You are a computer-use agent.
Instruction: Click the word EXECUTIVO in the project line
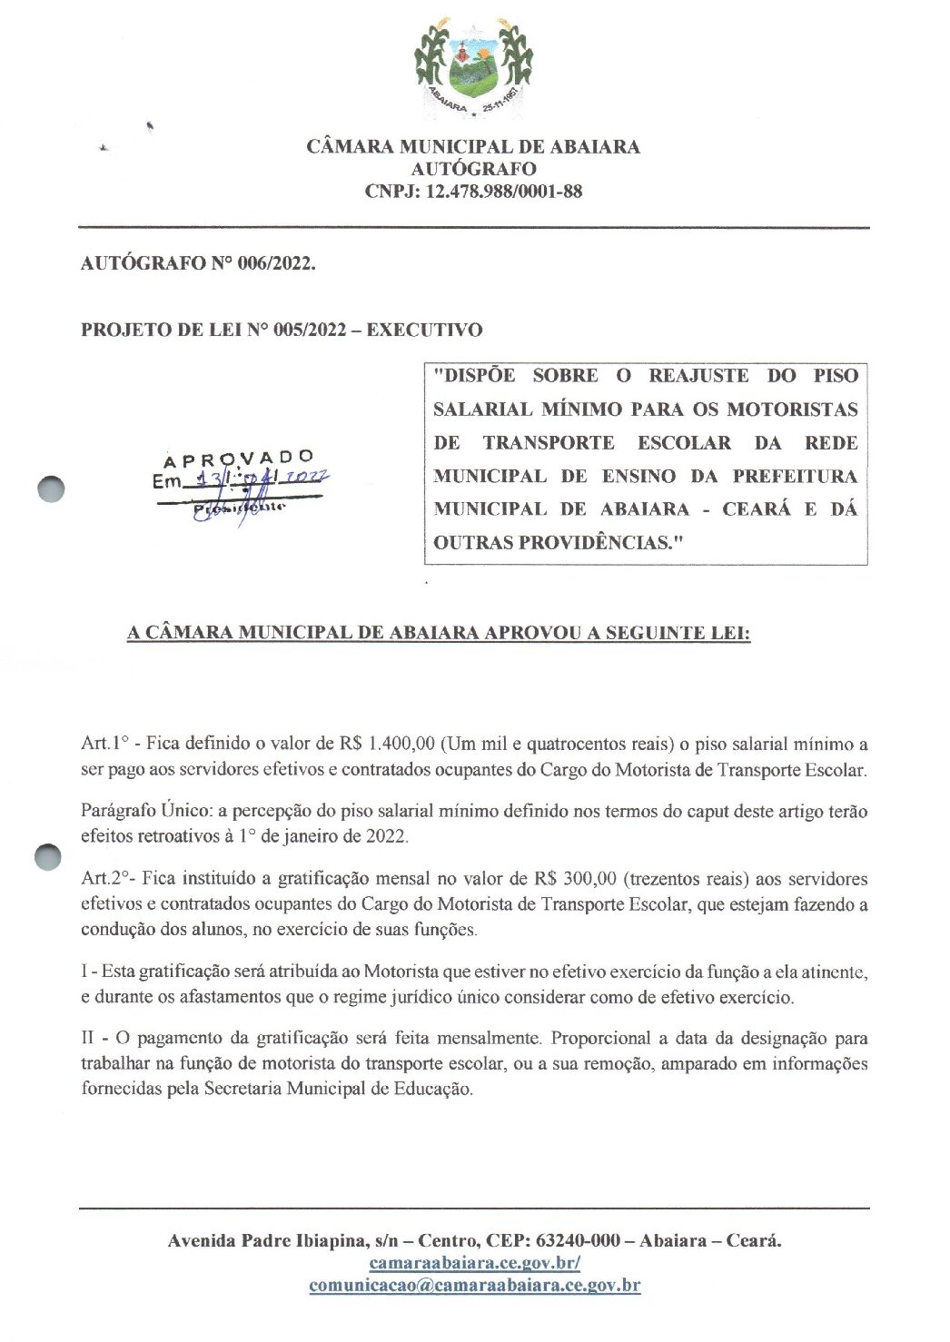tap(424, 331)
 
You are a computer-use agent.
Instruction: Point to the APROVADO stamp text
tap(239, 459)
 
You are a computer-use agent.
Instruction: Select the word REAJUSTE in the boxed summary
tap(699, 376)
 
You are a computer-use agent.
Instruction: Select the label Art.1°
tap(104, 745)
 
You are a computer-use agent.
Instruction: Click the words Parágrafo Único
tap(145, 811)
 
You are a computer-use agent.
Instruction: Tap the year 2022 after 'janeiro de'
tap(386, 836)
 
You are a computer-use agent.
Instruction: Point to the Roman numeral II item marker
tap(89, 1039)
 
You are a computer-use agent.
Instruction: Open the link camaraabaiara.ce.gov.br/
tap(474, 1263)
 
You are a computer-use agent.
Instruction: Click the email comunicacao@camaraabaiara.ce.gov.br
tap(474, 1286)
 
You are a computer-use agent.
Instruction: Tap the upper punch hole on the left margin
tap(52, 488)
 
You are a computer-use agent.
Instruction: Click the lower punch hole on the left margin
tap(47, 857)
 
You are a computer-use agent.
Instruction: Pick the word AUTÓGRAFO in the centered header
tap(473, 169)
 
